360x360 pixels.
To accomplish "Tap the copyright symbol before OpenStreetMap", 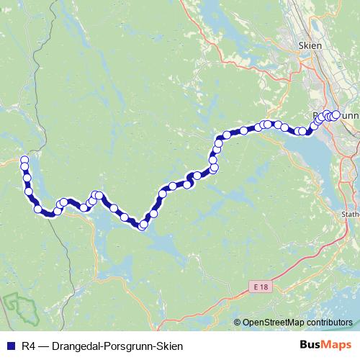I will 238,323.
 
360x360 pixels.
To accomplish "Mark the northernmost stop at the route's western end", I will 24,160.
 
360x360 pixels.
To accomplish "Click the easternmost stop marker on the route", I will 336,114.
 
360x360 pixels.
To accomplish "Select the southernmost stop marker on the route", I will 143,225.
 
